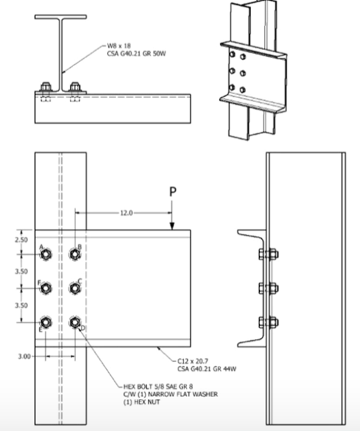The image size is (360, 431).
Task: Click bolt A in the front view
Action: click(x=45, y=254)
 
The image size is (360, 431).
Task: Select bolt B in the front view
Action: click(x=75, y=254)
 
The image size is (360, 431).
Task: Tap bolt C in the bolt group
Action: click(x=75, y=288)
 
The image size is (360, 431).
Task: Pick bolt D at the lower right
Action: click(x=75, y=322)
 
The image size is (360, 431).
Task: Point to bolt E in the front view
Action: click(x=45, y=322)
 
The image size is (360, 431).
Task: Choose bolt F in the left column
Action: click(x=45, y=288)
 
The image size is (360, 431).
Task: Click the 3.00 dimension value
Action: click(x=23, y=356)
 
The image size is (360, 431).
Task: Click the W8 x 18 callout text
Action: click(x=120, y=45)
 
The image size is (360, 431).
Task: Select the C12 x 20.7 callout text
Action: click(x=197, y=360)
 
